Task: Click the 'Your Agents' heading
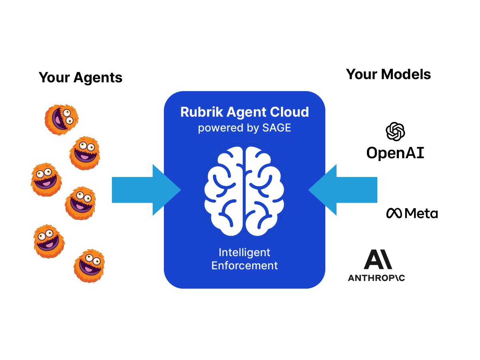point(80,77)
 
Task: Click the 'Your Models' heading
point(388,74)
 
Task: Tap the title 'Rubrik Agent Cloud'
point(245,112)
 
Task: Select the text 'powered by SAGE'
point(245,128)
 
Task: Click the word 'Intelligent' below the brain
point(245,253)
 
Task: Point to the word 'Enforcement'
point(245,265)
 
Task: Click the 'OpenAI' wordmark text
point(395,153)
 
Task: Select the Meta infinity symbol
point(394,213)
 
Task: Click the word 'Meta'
point(421,213)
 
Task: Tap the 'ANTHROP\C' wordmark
point(376,278)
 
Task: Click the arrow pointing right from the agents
point(146,190)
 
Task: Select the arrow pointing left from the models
point(343,190)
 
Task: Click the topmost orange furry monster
point(61,119)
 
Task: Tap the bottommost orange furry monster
point(89,266)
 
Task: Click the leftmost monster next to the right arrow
point(46,179)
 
